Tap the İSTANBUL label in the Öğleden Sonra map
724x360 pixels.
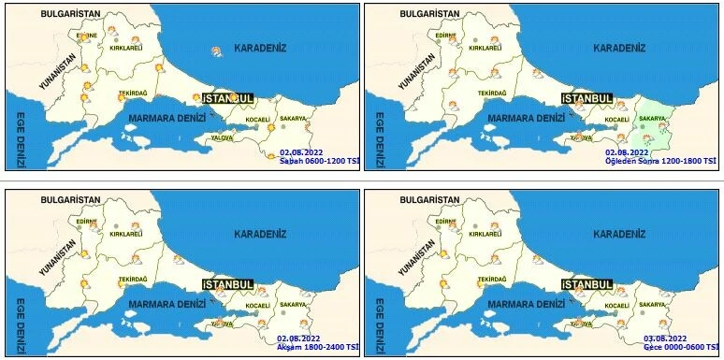click(x=587, y=98)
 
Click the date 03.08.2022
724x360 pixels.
click(x=665, y=338)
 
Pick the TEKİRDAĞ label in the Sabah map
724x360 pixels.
click(x=132, y=94)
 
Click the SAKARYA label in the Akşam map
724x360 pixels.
click(x=293, y=304)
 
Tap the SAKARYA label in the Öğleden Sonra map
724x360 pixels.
click(x=652, y=119)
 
